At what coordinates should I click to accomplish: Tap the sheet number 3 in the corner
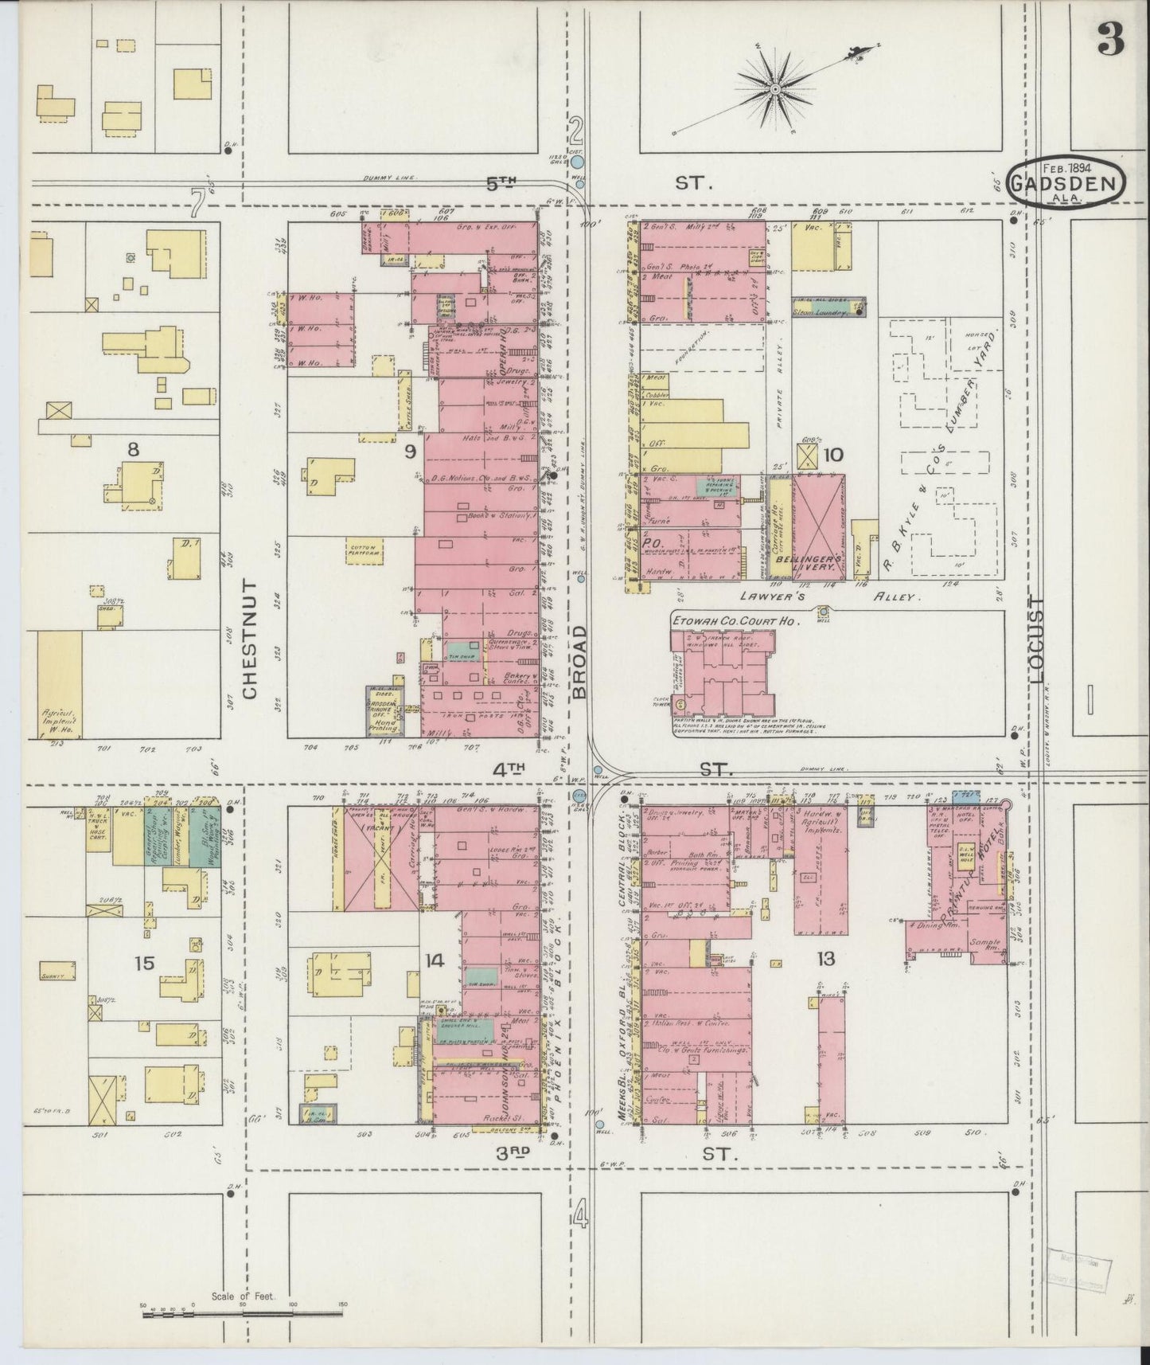tap(1111, 41)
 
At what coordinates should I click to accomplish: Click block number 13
tap(825, 960)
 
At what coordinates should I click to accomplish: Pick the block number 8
tap(133, 449)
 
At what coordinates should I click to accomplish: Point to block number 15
tap(144, 964)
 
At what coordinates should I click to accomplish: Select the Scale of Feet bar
tap(243, 1312)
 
